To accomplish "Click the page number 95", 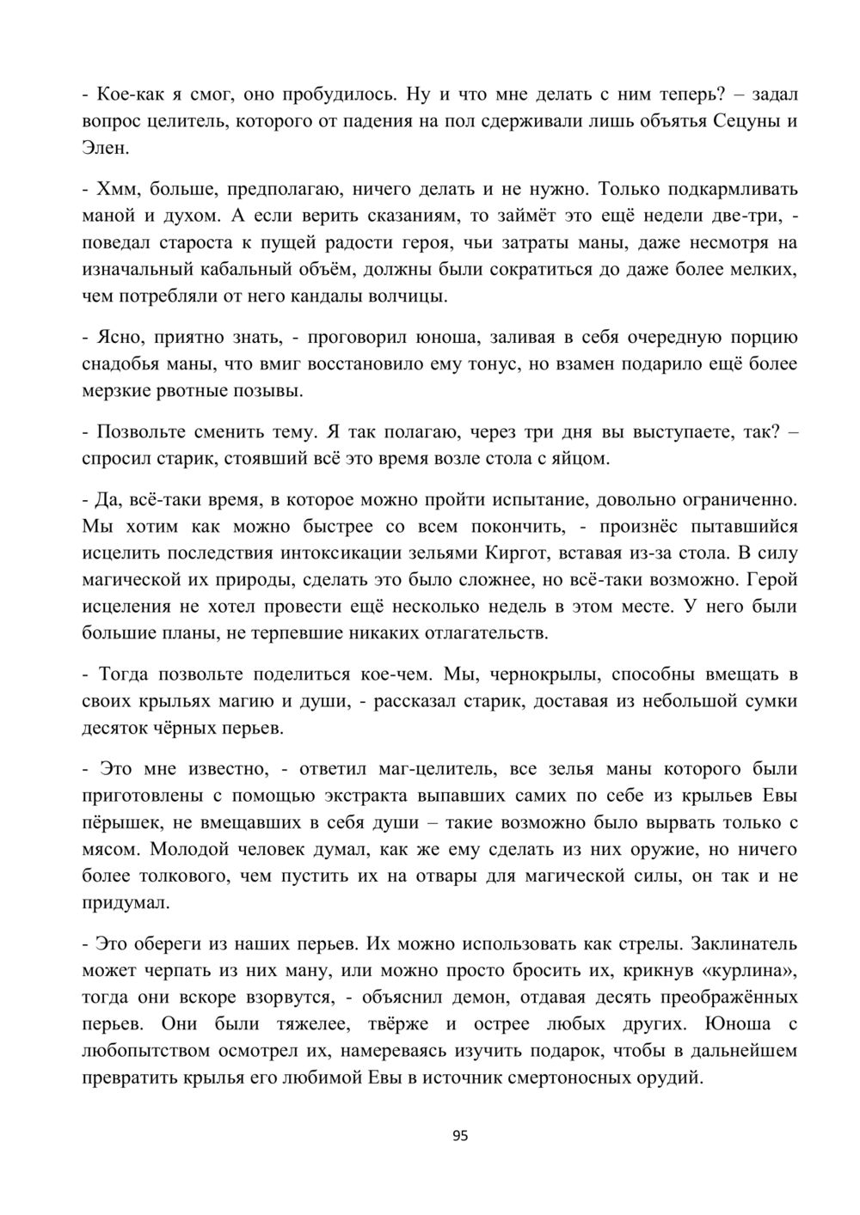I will (460, 1136).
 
